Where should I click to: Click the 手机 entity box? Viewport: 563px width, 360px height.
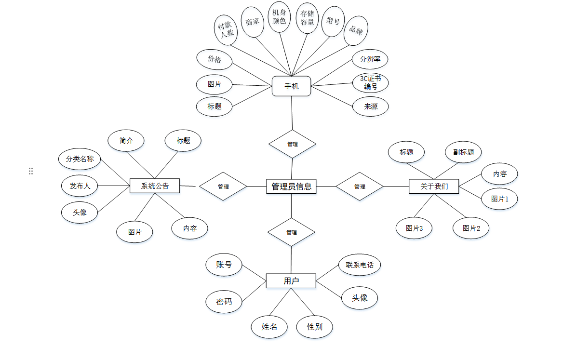click(x=291, y=86)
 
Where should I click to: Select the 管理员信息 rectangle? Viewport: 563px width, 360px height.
click(x=291, y=186)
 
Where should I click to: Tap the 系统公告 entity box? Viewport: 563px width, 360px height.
click(x=155, y=186)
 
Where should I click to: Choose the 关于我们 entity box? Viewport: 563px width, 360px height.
click(x=434, y=186)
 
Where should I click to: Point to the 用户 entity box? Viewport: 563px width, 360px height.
click(x=291, y=280)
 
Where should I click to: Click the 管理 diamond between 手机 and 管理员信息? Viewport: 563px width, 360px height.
click(x=292, y=144)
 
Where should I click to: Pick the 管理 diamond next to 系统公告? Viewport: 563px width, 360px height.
click(x=223, y=186)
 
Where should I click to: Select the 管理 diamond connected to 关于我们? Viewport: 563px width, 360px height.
click(x=360, y=186)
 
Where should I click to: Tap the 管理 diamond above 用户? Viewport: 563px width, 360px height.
click(x=291, y=232)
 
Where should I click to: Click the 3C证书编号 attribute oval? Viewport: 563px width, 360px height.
click(x=370, y=82)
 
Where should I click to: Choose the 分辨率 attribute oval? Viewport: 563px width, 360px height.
click(x=370, y=59)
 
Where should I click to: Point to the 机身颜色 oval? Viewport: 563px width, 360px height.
click(x=279, y=17)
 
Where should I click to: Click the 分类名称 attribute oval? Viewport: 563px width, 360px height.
click(x=80, y=159)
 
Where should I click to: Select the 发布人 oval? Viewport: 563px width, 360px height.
click(x=80, y=186)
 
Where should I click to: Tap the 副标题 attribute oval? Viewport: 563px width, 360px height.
click(x=463, y=152)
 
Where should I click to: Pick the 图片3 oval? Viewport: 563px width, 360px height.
click(x=414, y=228)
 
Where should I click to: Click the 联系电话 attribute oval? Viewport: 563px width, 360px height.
click(x=360, y=265)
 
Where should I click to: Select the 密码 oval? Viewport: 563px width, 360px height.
click(x=224, y=302)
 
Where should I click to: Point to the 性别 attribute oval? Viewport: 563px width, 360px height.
click(x=314, y=327)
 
